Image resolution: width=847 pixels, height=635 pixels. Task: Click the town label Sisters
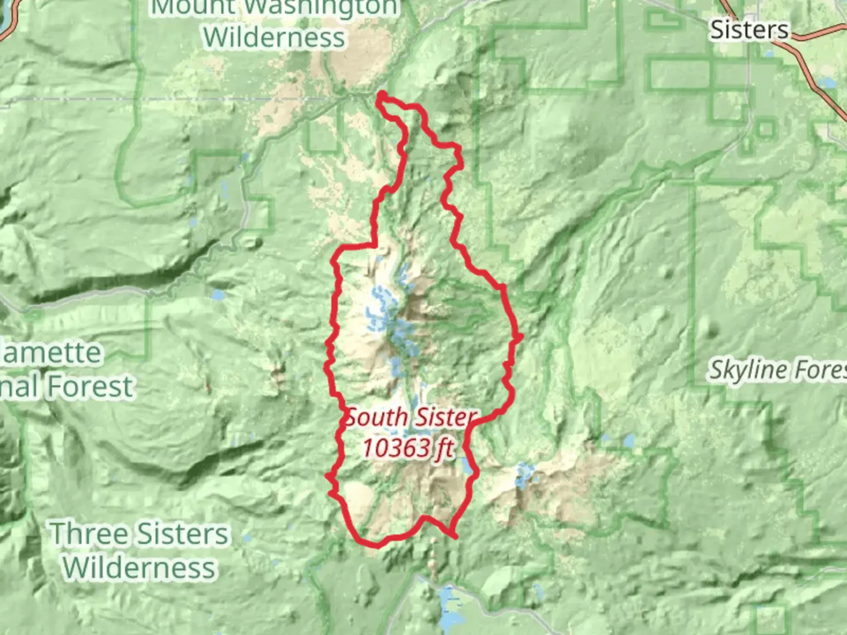coord(749,29)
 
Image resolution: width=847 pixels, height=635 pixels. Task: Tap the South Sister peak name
coord(410,418)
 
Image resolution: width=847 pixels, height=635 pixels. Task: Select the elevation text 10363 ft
coord(408,449)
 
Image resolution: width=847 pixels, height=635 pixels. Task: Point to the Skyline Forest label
coord(776,370)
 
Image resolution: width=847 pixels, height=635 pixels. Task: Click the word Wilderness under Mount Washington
coord(274,38)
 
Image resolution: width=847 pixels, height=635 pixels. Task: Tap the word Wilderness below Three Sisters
coord(139,567)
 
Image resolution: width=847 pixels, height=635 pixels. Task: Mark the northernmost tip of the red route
coord(382,93)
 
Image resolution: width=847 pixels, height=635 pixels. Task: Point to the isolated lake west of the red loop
coord(218,294)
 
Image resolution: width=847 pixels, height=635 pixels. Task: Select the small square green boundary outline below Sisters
coord(765,128)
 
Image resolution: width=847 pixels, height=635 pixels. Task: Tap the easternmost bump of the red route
coord(519,336)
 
